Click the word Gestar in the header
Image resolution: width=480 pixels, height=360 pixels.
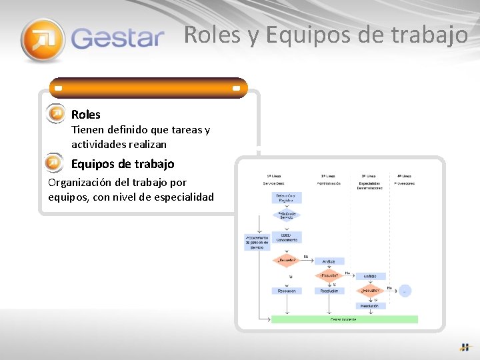click(x=117, y=38)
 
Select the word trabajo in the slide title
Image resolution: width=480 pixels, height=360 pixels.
click(x=430, y=35)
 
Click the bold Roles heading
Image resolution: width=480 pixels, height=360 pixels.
click(x=86, y=115)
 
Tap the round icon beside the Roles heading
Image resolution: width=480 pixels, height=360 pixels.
click(x=56, y=114)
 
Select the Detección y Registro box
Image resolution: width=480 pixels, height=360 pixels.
click(x=287, y=198)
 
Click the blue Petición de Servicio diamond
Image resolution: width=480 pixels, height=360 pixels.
click(x=287, y=215)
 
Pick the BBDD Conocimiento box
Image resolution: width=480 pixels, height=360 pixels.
click(x=287, y=237)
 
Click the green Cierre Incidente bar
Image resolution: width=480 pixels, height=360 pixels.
click(x=344, y=319)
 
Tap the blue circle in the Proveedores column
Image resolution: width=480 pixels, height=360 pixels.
click(x=405, y=291)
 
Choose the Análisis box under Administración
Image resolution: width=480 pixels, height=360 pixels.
click(x=329, y=261)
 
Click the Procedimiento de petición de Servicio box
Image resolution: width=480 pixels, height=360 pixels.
click(x=257, y=241)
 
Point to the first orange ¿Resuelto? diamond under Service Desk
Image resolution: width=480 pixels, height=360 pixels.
click(x=287, y=260)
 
